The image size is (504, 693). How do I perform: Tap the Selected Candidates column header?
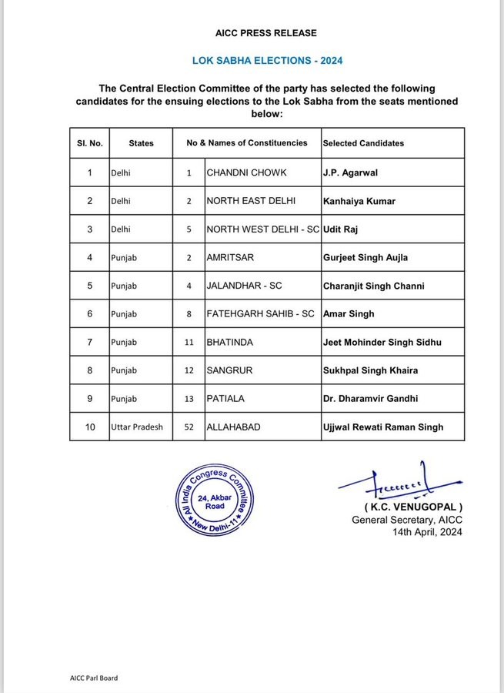click(363, 143)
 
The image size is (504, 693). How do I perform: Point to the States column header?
click(142, 143)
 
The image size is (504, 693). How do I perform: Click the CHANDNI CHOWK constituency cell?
click(239, 172)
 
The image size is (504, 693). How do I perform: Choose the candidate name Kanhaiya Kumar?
click(359, 201)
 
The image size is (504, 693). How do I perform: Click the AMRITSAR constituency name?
click(229, 257)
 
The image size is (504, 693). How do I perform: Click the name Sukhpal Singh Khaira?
click(371, 370)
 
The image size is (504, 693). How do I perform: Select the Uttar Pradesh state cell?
click(137, 427)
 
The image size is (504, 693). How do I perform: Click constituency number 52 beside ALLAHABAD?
click(189, 427)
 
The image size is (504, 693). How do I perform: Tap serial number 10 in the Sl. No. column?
click(90, 427)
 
